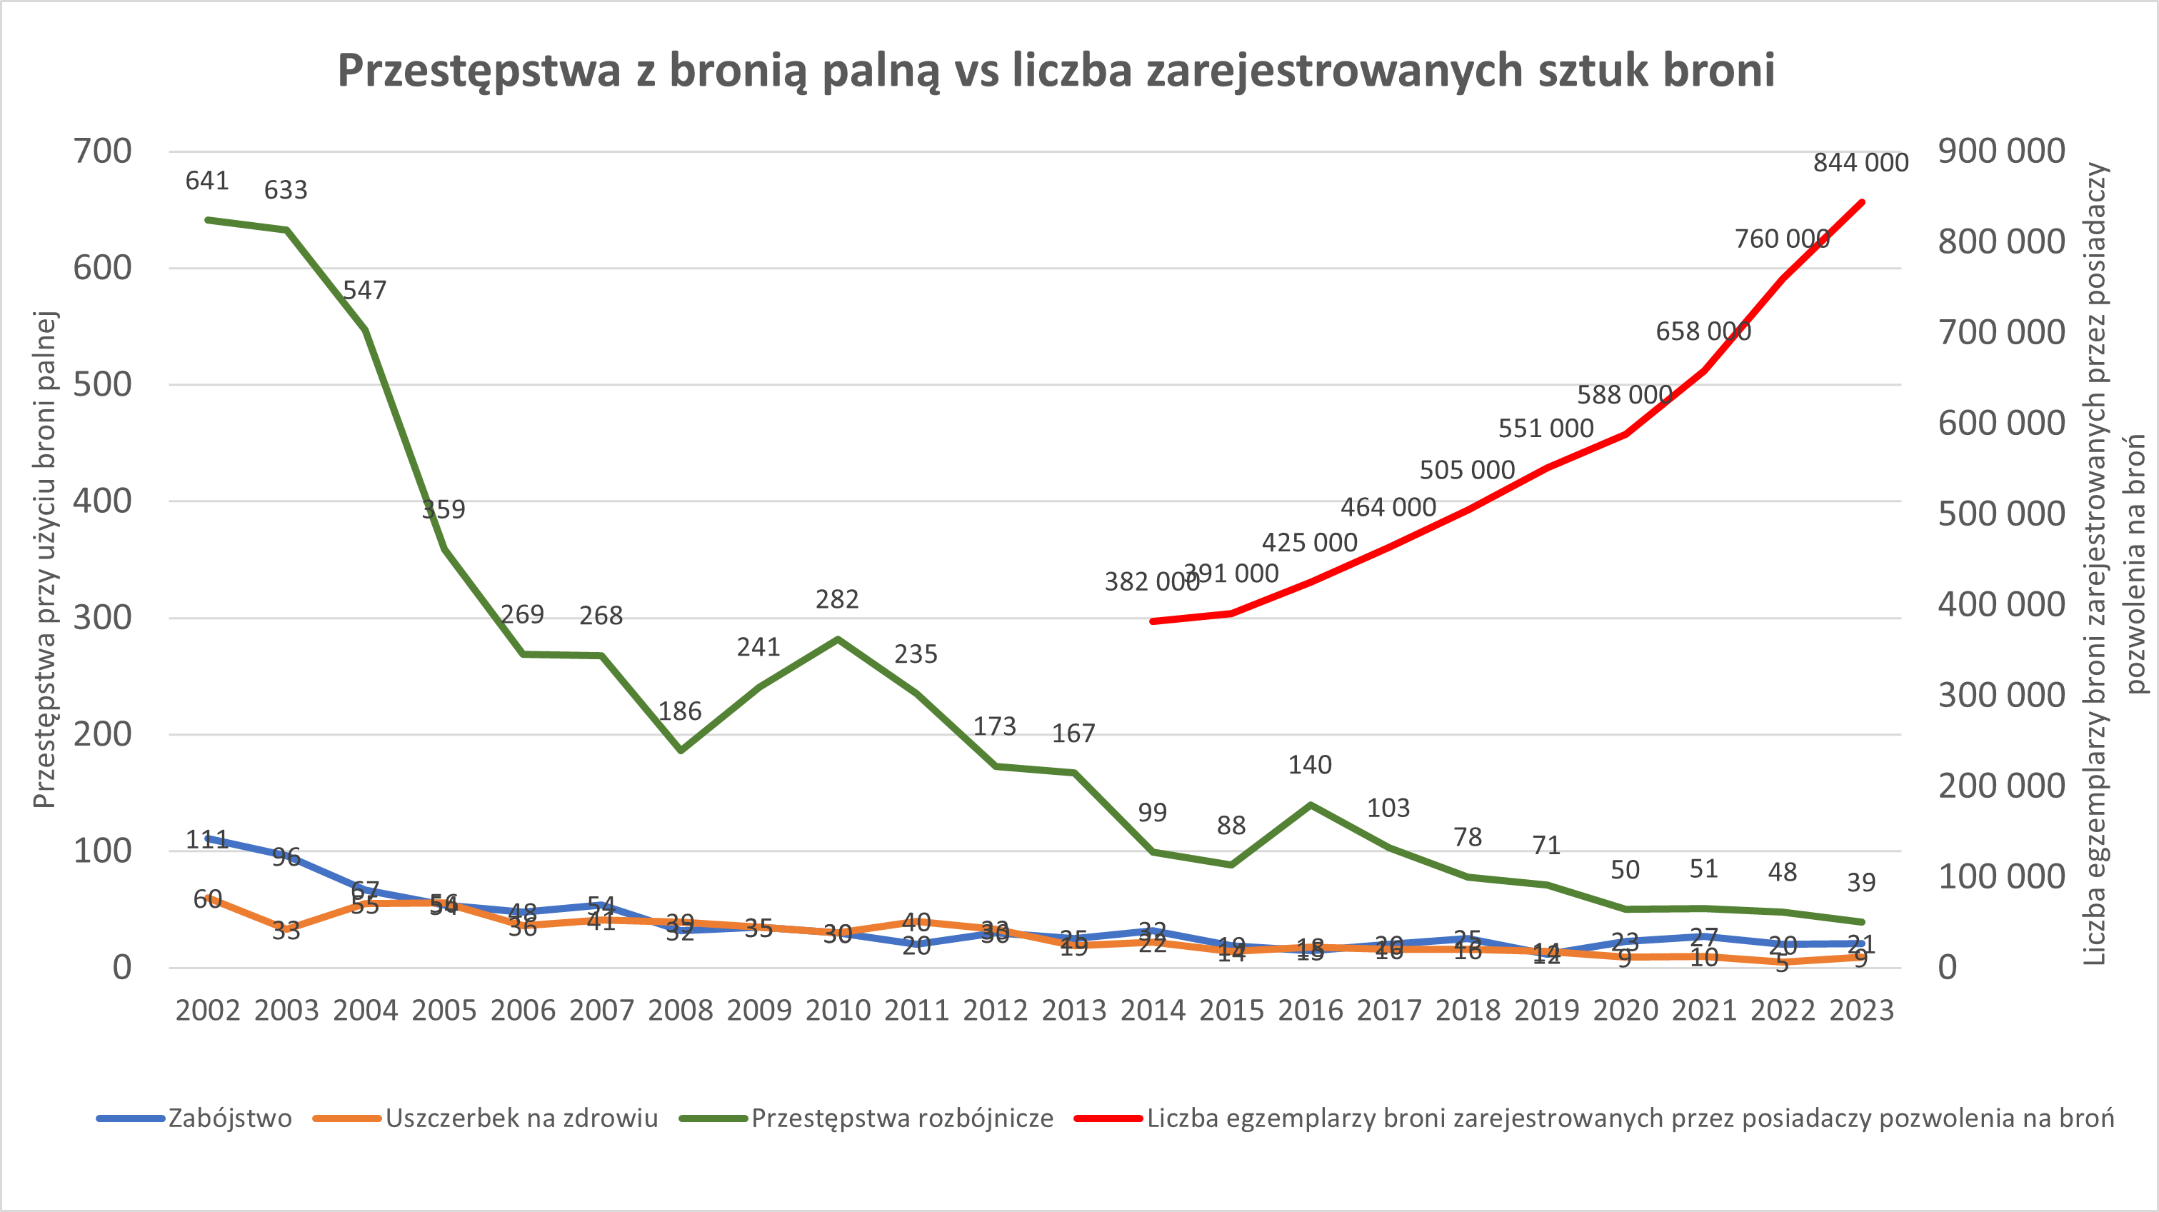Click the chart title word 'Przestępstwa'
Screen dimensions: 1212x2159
(x=479, y=71)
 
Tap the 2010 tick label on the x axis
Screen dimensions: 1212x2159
(x=837, y=1010)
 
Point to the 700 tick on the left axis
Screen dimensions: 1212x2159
(x=102, y=151)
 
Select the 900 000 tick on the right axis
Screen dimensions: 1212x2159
(x=2000, y=151)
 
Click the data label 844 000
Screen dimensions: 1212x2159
(x=1860, y=163)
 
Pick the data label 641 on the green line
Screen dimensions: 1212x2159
(x=207, y=181)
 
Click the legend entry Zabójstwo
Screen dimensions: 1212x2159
(x=230, y=1118)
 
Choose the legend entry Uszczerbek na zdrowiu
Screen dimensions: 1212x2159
(x=521, y=1118)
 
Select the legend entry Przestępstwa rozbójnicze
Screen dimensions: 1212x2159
(x=902, y=1118)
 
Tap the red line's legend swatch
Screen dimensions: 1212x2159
(x=1108, y=1118)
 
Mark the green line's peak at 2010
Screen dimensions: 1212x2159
(x=837, y=639)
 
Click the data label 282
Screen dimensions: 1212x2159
(x=837, y=600)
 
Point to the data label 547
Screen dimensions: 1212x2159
(x=364, y=291)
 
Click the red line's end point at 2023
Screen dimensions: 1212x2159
(x=1861, y=202)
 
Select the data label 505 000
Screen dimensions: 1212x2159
(x=1467, y=470)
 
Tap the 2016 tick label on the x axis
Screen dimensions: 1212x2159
(x=1310, y=1010)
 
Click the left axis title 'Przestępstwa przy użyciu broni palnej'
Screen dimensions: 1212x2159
(x=44, y=559)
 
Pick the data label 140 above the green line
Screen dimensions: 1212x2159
(x=1310, y=765)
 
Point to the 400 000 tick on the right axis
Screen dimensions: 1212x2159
(x=2000, y=605)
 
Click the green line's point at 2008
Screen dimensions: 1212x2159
(x=680, y=750)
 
